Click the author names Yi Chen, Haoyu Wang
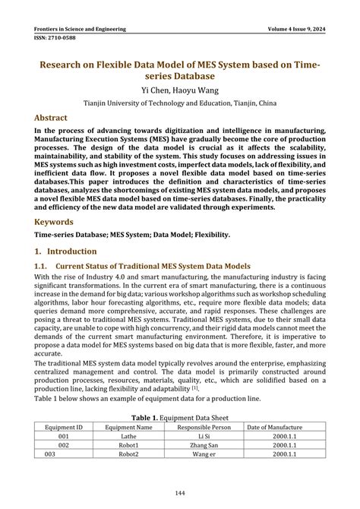pyautogui.click(x=179, y=89)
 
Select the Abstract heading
pyautogui.click(x=50, y=118)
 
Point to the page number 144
pyautogui.click(x=179, y=494)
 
